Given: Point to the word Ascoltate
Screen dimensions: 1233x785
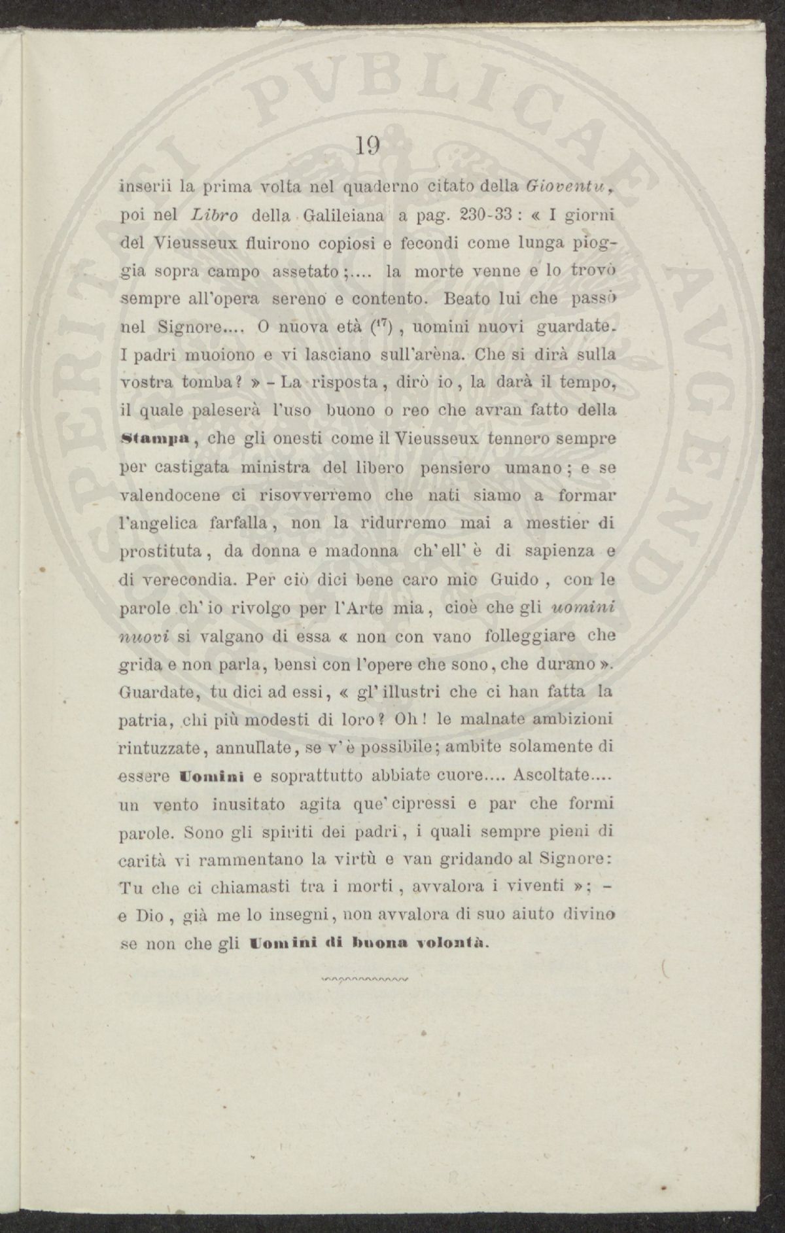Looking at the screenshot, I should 545,776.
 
